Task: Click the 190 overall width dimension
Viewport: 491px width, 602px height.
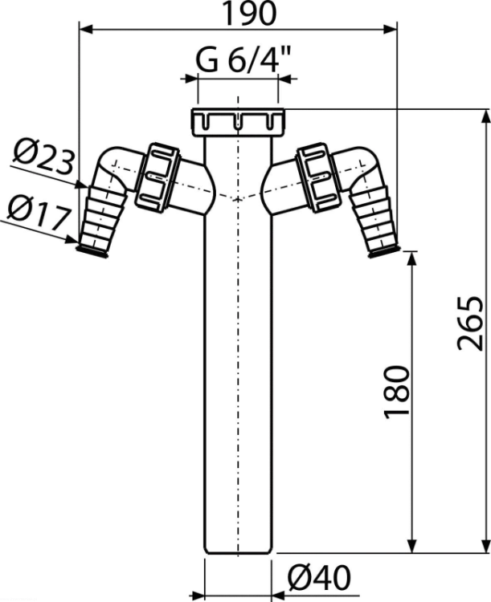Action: click(x=250, y=14)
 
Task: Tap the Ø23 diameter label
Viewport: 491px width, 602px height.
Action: click(x=43, y=157)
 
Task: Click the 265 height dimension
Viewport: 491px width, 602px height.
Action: click(x=470, y=323)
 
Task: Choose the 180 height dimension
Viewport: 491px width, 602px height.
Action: click(x=396, y=392)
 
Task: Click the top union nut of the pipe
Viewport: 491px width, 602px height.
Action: click(x=239, y=122)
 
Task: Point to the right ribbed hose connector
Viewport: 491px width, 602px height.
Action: click(x=375, y=222)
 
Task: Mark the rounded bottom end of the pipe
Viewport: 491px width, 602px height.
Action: click(x=238, y=550)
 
